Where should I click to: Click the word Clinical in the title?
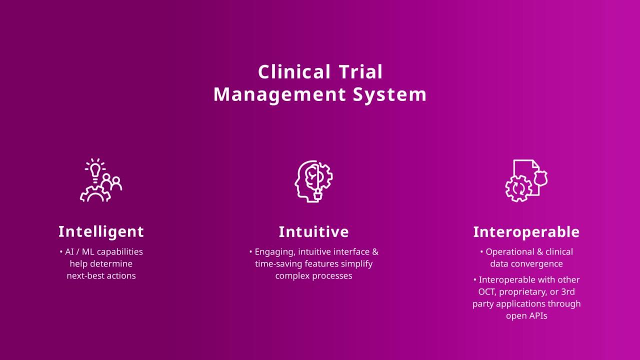pos(294,71)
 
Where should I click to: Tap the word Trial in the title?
pos(360,71)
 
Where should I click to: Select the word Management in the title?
pos(279,94)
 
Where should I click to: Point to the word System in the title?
pos(389,94)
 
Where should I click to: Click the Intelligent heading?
pos(101,231)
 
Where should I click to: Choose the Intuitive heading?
pos(313,231)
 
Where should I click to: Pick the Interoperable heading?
pos(526,231)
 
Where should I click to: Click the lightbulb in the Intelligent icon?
pos(95,170)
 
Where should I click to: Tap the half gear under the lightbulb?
pos(95,194)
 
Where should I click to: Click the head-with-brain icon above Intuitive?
pos(313,181)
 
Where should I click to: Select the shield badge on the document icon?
pos(540,178)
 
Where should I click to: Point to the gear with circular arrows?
pos(518,188)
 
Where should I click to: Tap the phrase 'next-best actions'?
pos(101,275)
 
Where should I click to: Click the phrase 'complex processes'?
pos(313,276)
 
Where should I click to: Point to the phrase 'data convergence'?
pos(526,263)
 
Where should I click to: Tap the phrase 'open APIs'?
pos(526,316)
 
